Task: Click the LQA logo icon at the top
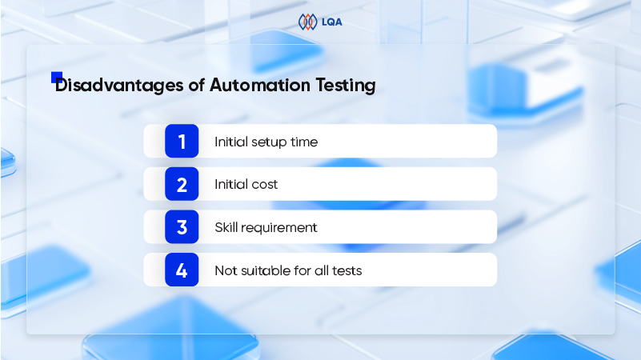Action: pos(307,22)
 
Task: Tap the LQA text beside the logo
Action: pos(331,22)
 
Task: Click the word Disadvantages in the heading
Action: pos(119,86)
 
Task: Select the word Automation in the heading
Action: pos(260,86)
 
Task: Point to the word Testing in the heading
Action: pos(346,86)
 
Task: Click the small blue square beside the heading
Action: pos(56,77)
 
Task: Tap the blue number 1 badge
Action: pos(182,141)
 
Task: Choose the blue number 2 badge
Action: pos(182,184)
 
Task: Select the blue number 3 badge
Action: pos(182,226)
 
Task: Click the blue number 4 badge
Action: pos(182,270)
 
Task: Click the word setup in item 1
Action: pos(269,142)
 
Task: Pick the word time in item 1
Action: pos(304,142)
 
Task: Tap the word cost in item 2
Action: pos(265,185)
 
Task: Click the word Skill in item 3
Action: pos(226,227)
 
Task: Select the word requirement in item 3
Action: pos(279,228)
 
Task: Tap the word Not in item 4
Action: pos(226,270)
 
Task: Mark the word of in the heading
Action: pos(197,86)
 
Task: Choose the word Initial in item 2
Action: pos(231,184)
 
